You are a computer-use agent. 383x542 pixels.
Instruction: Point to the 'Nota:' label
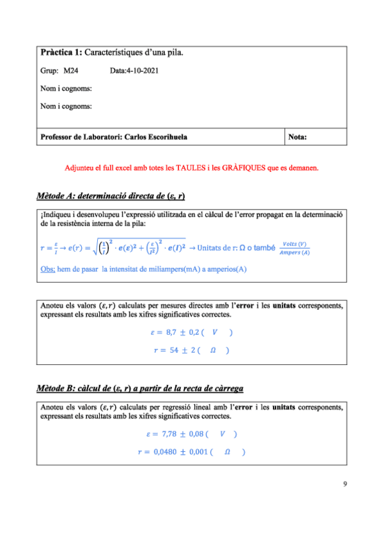click(x=298, y=137)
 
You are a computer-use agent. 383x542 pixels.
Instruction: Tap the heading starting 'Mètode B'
click(x=139, y=389)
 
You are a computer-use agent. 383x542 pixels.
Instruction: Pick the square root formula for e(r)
click(x=131, y=247)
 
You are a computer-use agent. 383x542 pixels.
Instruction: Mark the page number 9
click(x=345, y=484)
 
